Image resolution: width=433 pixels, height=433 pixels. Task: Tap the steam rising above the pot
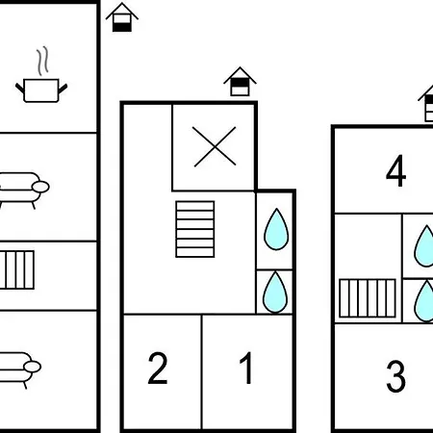pos(42,61)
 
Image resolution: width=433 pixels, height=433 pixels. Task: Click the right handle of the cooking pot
pos(63,89)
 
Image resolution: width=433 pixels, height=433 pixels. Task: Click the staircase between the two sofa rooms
pos(17,270)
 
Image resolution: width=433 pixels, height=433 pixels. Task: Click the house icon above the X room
pos(240,82)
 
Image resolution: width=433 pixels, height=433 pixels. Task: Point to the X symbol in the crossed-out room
pos(215,146)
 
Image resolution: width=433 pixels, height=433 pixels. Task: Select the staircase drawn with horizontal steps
pos(195,229)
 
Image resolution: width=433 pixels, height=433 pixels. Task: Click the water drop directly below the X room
pos(276,229)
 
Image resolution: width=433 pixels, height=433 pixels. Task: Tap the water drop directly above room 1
pos(275,293)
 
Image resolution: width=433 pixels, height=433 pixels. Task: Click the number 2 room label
pos(158,368)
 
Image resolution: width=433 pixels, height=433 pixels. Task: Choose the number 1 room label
pos(246,368)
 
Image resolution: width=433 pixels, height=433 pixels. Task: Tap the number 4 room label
pos(396,170)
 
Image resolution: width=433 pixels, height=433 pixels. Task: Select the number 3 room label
pos(395,376)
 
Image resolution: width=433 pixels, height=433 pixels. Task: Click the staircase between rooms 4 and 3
pos(368,298)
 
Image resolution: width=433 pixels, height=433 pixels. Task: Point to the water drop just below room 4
pos(425,246)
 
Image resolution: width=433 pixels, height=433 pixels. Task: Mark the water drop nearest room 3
pos(425,301)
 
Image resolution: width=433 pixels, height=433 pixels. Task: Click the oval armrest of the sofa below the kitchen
pos(40,187)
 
